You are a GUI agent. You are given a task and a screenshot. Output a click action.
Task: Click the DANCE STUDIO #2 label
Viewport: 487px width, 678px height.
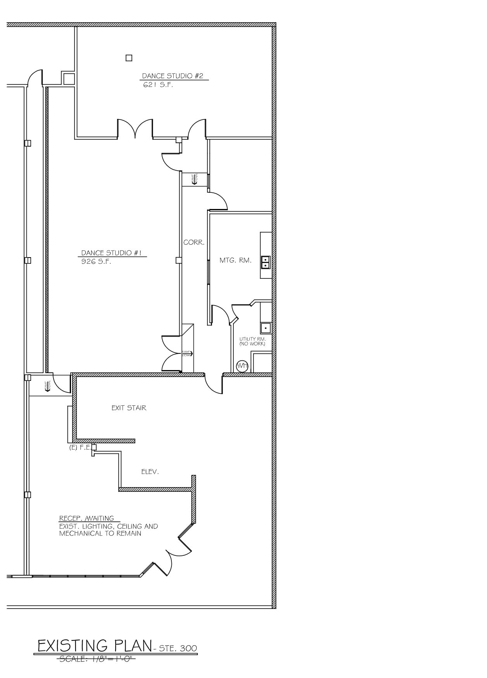(x=173, y=76)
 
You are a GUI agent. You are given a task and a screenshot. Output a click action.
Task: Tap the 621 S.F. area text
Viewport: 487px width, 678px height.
(x=158, y=85)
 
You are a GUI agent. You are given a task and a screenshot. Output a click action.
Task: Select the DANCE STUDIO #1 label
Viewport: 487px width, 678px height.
(x=111, y=253)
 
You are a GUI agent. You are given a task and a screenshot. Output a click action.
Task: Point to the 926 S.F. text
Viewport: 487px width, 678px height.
(x=96, y=261)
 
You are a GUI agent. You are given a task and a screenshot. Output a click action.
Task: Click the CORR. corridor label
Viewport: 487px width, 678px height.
(x=194, y=242)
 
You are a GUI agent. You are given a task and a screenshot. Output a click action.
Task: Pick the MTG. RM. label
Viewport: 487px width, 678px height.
(x=235, y=260)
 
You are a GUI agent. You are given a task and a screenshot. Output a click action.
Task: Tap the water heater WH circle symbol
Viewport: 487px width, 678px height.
(x=242, y=366)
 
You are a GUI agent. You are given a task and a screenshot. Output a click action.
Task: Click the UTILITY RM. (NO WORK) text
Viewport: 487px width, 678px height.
(x=252, y=341)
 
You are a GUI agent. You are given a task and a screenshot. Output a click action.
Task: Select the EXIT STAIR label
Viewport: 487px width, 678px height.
(x=129, y=408)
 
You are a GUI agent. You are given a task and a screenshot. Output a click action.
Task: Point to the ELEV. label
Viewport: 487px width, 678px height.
(x=150, y=472)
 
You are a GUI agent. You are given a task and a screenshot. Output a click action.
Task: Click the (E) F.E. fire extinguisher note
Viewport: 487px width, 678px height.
(x=79, y=447)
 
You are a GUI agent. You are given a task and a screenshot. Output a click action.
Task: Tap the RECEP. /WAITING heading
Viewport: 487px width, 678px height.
(x=86, y=518)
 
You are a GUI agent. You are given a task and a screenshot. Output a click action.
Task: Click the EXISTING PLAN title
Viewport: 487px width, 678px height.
(x=94, y=645)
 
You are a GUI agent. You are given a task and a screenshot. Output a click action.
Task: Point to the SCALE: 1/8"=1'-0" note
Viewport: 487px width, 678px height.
(x=97, y=658)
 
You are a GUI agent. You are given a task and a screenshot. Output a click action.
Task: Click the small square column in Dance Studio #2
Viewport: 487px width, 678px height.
(x=129, y=58)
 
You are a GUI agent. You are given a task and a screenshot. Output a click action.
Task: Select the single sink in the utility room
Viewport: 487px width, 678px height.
(x=266, y=328)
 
